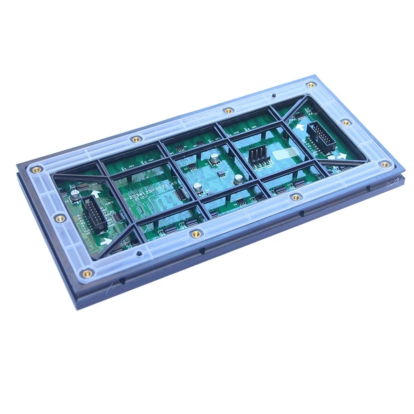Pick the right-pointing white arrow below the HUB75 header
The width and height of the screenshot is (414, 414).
tap(105, 241)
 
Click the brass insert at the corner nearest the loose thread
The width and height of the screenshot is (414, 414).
tap(384, 164)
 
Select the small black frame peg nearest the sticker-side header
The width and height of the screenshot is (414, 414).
tap(274, 96)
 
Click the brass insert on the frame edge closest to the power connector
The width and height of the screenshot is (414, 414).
tap(296, 197)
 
